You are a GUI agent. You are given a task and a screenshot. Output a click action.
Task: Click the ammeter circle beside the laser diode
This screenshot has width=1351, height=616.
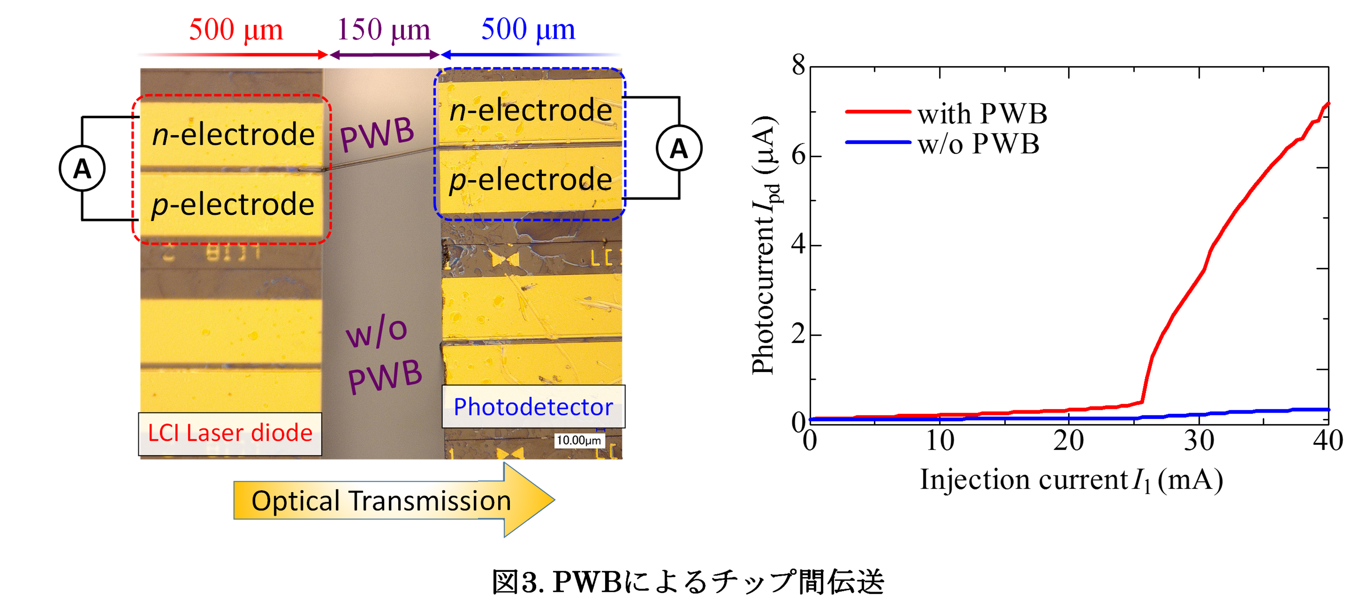click(x=82, y=168)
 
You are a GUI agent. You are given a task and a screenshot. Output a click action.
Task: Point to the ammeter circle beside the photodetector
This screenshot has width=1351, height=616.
click(x=679, y=148)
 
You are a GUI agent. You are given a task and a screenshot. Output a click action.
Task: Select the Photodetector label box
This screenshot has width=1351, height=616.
click(x=534, y=407)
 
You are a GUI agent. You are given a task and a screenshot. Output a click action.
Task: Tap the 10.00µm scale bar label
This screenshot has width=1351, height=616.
click(x=578, y=440)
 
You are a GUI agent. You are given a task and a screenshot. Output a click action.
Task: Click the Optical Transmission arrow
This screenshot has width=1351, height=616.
click(x=394, y=500)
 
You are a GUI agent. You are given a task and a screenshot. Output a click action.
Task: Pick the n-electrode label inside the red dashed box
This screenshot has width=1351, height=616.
click(x=233, y=134)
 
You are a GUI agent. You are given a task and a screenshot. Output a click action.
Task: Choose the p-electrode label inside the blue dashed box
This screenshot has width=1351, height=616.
click(x=530, y=180)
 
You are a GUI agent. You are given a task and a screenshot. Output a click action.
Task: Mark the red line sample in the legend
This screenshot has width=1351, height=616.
click(x=878, y=112)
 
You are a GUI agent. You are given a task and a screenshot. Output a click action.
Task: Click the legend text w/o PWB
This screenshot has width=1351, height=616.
click(x=978, y=144)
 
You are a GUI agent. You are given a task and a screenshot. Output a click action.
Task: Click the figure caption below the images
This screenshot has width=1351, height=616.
click(x=688, y=582)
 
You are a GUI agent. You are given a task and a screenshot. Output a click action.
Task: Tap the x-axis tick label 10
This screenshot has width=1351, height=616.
click(x=939, y=441)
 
